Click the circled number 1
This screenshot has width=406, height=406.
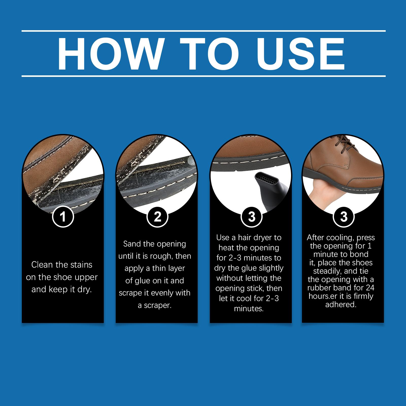point(63,217)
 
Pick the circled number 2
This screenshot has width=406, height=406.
point(158,217)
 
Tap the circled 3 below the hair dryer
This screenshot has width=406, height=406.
point(251,217)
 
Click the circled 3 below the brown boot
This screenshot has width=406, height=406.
point(344,217)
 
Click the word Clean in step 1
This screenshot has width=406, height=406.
point(42,265)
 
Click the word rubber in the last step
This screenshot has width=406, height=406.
point(319,288)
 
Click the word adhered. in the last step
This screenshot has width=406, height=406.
point(341,304)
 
